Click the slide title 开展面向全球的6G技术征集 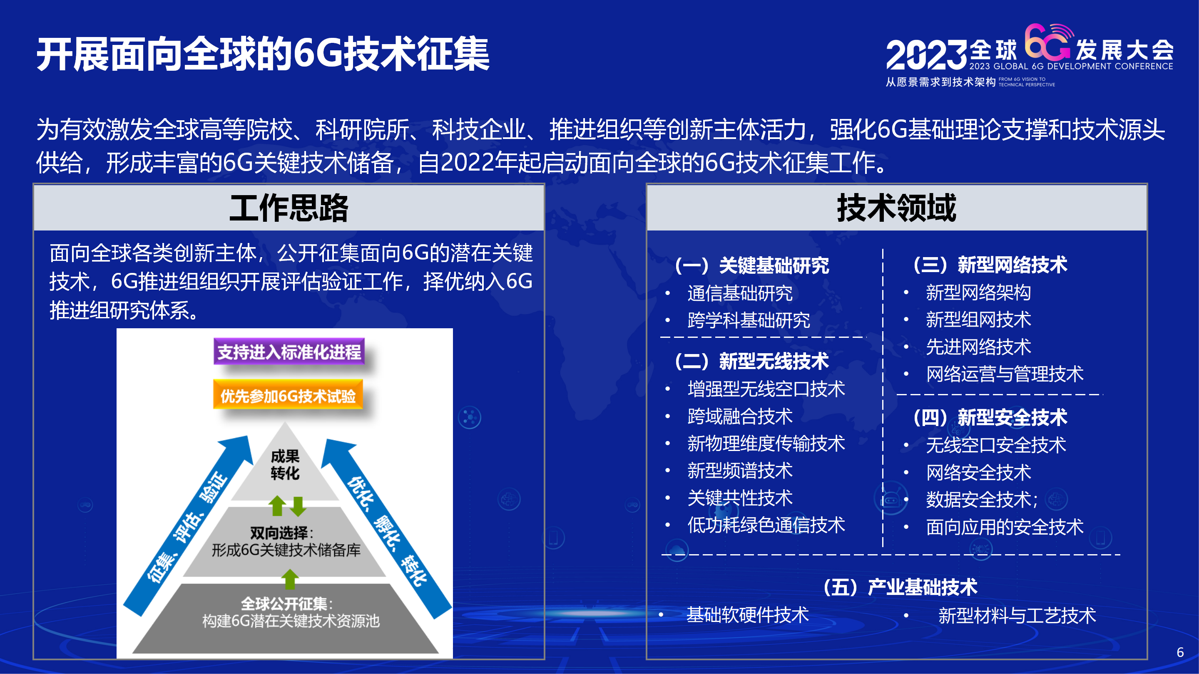tap(263, 55)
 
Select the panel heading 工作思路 tap(289, 208)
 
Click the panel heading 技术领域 tap(896, 208)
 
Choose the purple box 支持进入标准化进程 tap(289, 352)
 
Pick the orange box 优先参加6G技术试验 tap(288, 395)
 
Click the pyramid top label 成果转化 tap(285, 464)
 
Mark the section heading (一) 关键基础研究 tap(752, 265)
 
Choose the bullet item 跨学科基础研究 tap(749, 320)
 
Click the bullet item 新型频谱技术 tap(740, 470)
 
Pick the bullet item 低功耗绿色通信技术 tap(766, 525)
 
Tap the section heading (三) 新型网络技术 tap(990, 265)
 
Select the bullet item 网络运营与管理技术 tap(1005, 374)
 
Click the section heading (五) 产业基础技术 tap(900, 587)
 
